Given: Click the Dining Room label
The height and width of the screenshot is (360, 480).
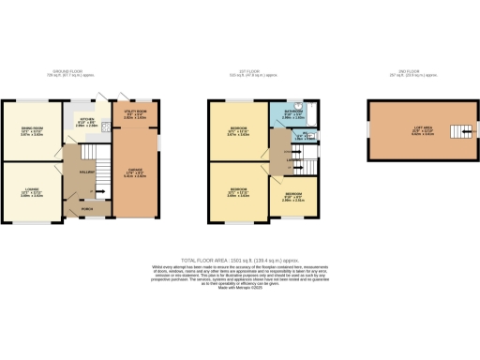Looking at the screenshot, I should [x=32, y=132].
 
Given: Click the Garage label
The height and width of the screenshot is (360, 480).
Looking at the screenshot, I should [x=134, y=172].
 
